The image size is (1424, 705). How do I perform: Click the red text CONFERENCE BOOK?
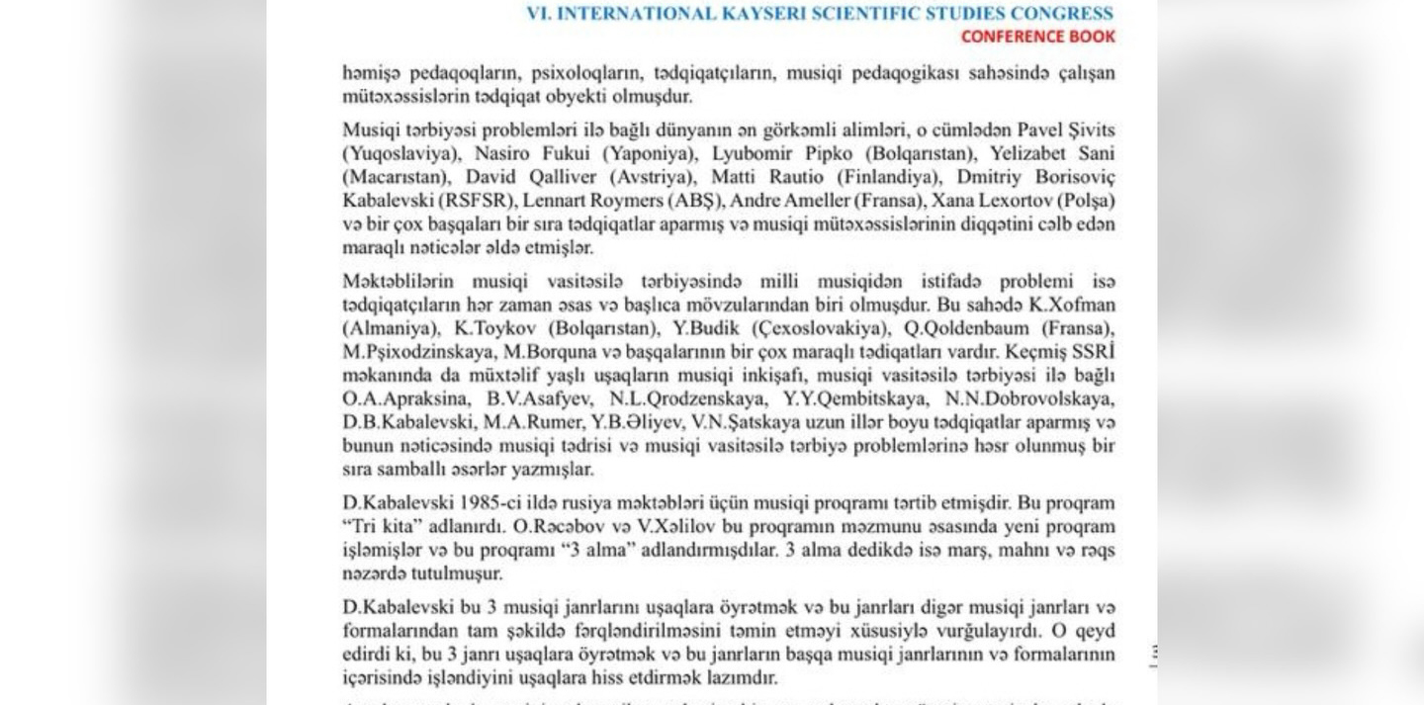click(1037, 37)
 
